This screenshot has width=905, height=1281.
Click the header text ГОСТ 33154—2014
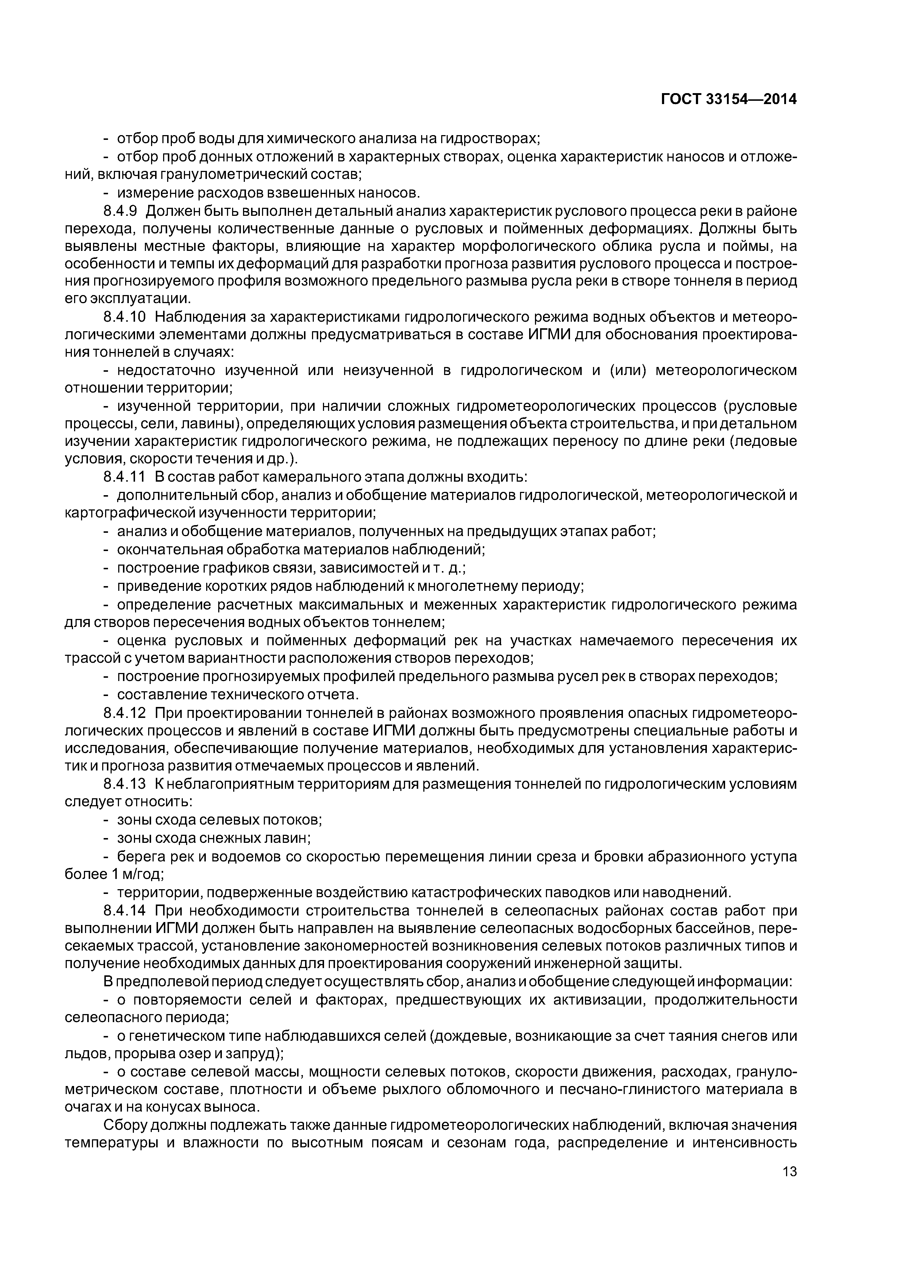coord(729,99)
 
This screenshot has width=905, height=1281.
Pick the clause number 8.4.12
coord(124,713)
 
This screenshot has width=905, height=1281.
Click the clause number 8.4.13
coord(124,784)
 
